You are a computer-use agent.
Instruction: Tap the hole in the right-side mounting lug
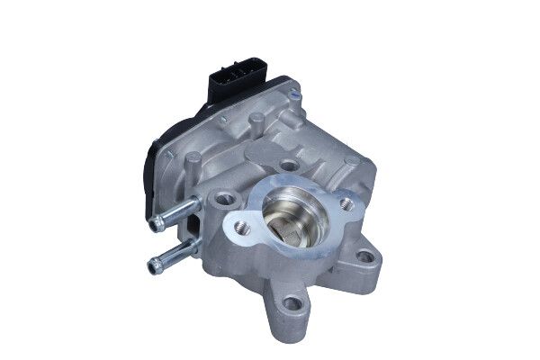pyautogui.click(x=364, y=256)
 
